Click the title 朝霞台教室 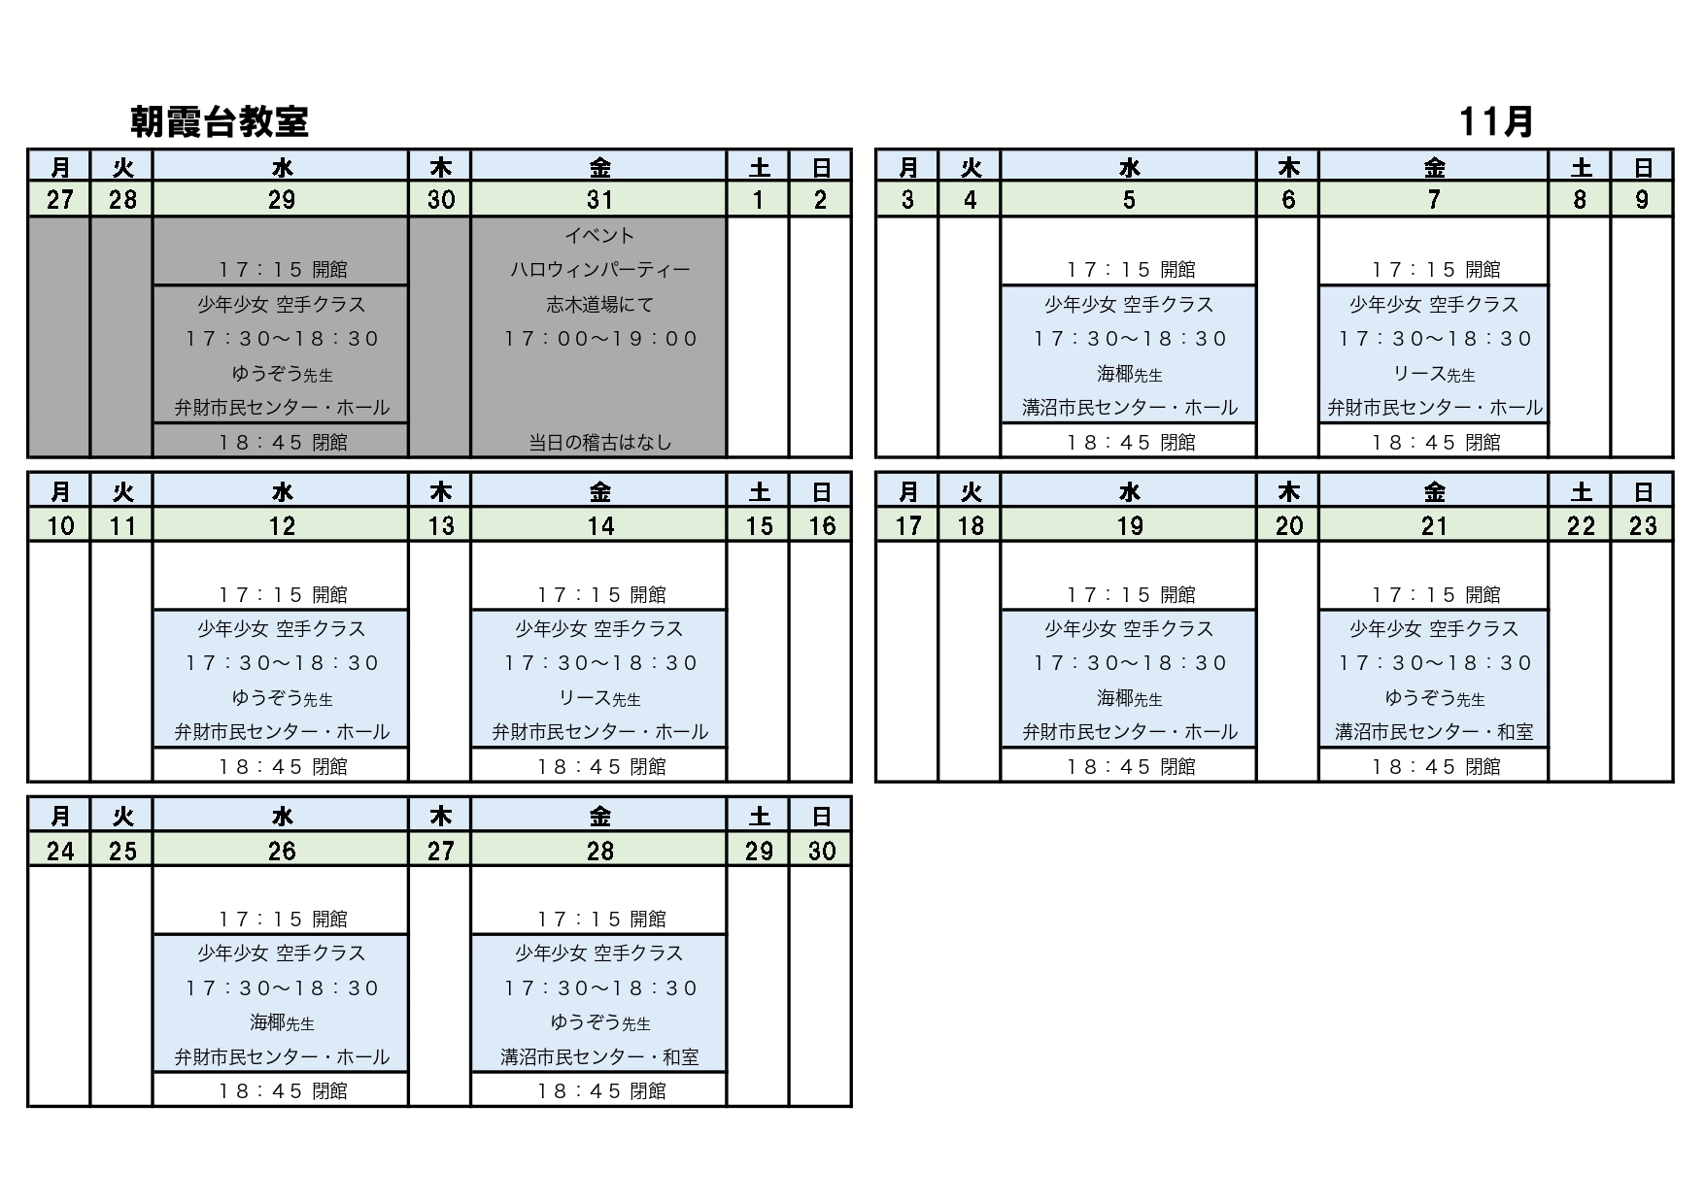point(220,122)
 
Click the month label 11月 point(1496,122)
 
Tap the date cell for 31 point(599,200)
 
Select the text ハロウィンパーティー point(599,270)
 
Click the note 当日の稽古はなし point(599,443)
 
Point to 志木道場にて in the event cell point(599,305)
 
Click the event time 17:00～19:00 point(599,339)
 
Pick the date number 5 point(1129,200)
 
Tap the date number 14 point(599,526)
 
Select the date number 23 point(1642,526)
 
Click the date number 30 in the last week point(821,852)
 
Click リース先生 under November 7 point(1434,374)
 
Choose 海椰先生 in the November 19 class point(1129,698)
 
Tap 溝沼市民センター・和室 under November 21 point(1434,732)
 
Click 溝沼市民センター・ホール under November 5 point(1129,408)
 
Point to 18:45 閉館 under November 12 point(282,767)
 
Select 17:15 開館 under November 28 point(599,920)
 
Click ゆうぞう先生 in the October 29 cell point(282,374)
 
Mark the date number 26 point(282,852)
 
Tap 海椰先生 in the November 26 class point(282,1022)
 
